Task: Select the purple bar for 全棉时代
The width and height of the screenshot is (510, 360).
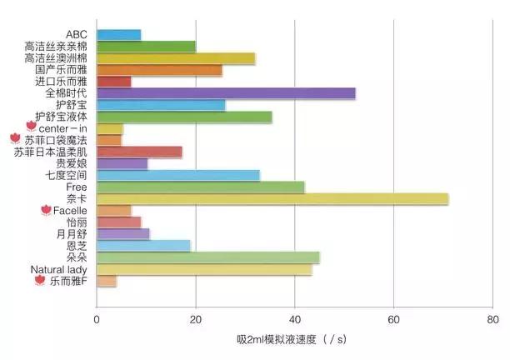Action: coord(226,93)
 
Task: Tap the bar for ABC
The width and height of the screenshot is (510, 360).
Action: coord(119,35)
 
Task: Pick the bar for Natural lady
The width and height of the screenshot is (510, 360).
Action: coord(204,269)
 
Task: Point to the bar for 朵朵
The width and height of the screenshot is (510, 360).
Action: coord(208,257)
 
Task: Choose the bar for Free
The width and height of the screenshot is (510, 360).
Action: coord(201,187)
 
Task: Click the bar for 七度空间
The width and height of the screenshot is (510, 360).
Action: coord(178,175)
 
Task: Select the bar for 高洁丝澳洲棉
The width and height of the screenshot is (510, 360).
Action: coord(176,58)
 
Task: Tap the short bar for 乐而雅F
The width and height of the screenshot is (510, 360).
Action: coord(107,282)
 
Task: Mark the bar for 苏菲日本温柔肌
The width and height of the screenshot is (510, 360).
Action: coord(139,152)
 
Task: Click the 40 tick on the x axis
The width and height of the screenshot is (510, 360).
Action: coord(294,319)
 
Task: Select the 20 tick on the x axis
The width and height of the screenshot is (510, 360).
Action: coord(196,319)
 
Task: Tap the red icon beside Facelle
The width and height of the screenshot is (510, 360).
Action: coord(46,211)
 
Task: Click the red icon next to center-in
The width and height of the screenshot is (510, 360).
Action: coord(32,126)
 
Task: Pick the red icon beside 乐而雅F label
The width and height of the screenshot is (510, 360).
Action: coord(38,282)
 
